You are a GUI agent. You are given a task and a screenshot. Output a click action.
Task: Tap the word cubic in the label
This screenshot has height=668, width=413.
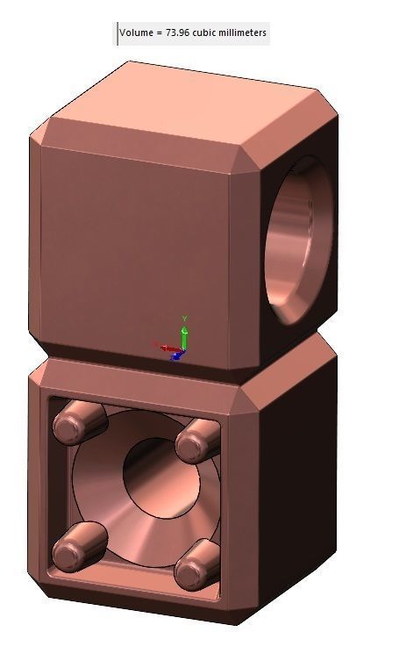pyautogui.click(x=205, y=33)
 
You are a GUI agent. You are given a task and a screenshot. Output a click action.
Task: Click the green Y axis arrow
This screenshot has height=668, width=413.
pyautogui.click(x=184, y=335)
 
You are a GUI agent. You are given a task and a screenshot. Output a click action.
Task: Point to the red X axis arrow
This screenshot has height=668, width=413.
pyautogui.click(x=167, y=348)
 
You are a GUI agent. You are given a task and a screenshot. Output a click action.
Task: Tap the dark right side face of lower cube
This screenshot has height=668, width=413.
pyautogui.click(x=298, y=492)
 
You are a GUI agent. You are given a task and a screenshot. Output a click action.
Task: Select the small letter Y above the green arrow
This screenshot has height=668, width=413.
pyautogui.click(x=184, y=318)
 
